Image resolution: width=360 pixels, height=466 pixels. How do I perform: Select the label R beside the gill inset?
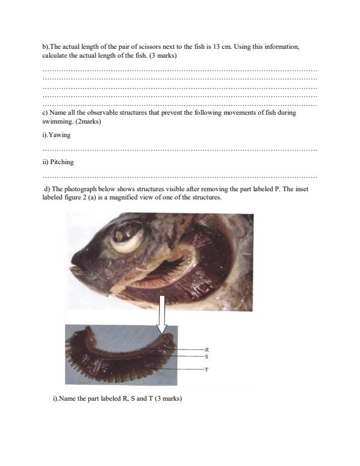tap(206, 349)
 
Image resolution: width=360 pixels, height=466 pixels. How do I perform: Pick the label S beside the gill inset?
tap(206, 356)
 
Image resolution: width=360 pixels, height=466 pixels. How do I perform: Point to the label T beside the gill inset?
tap(206, 370)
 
